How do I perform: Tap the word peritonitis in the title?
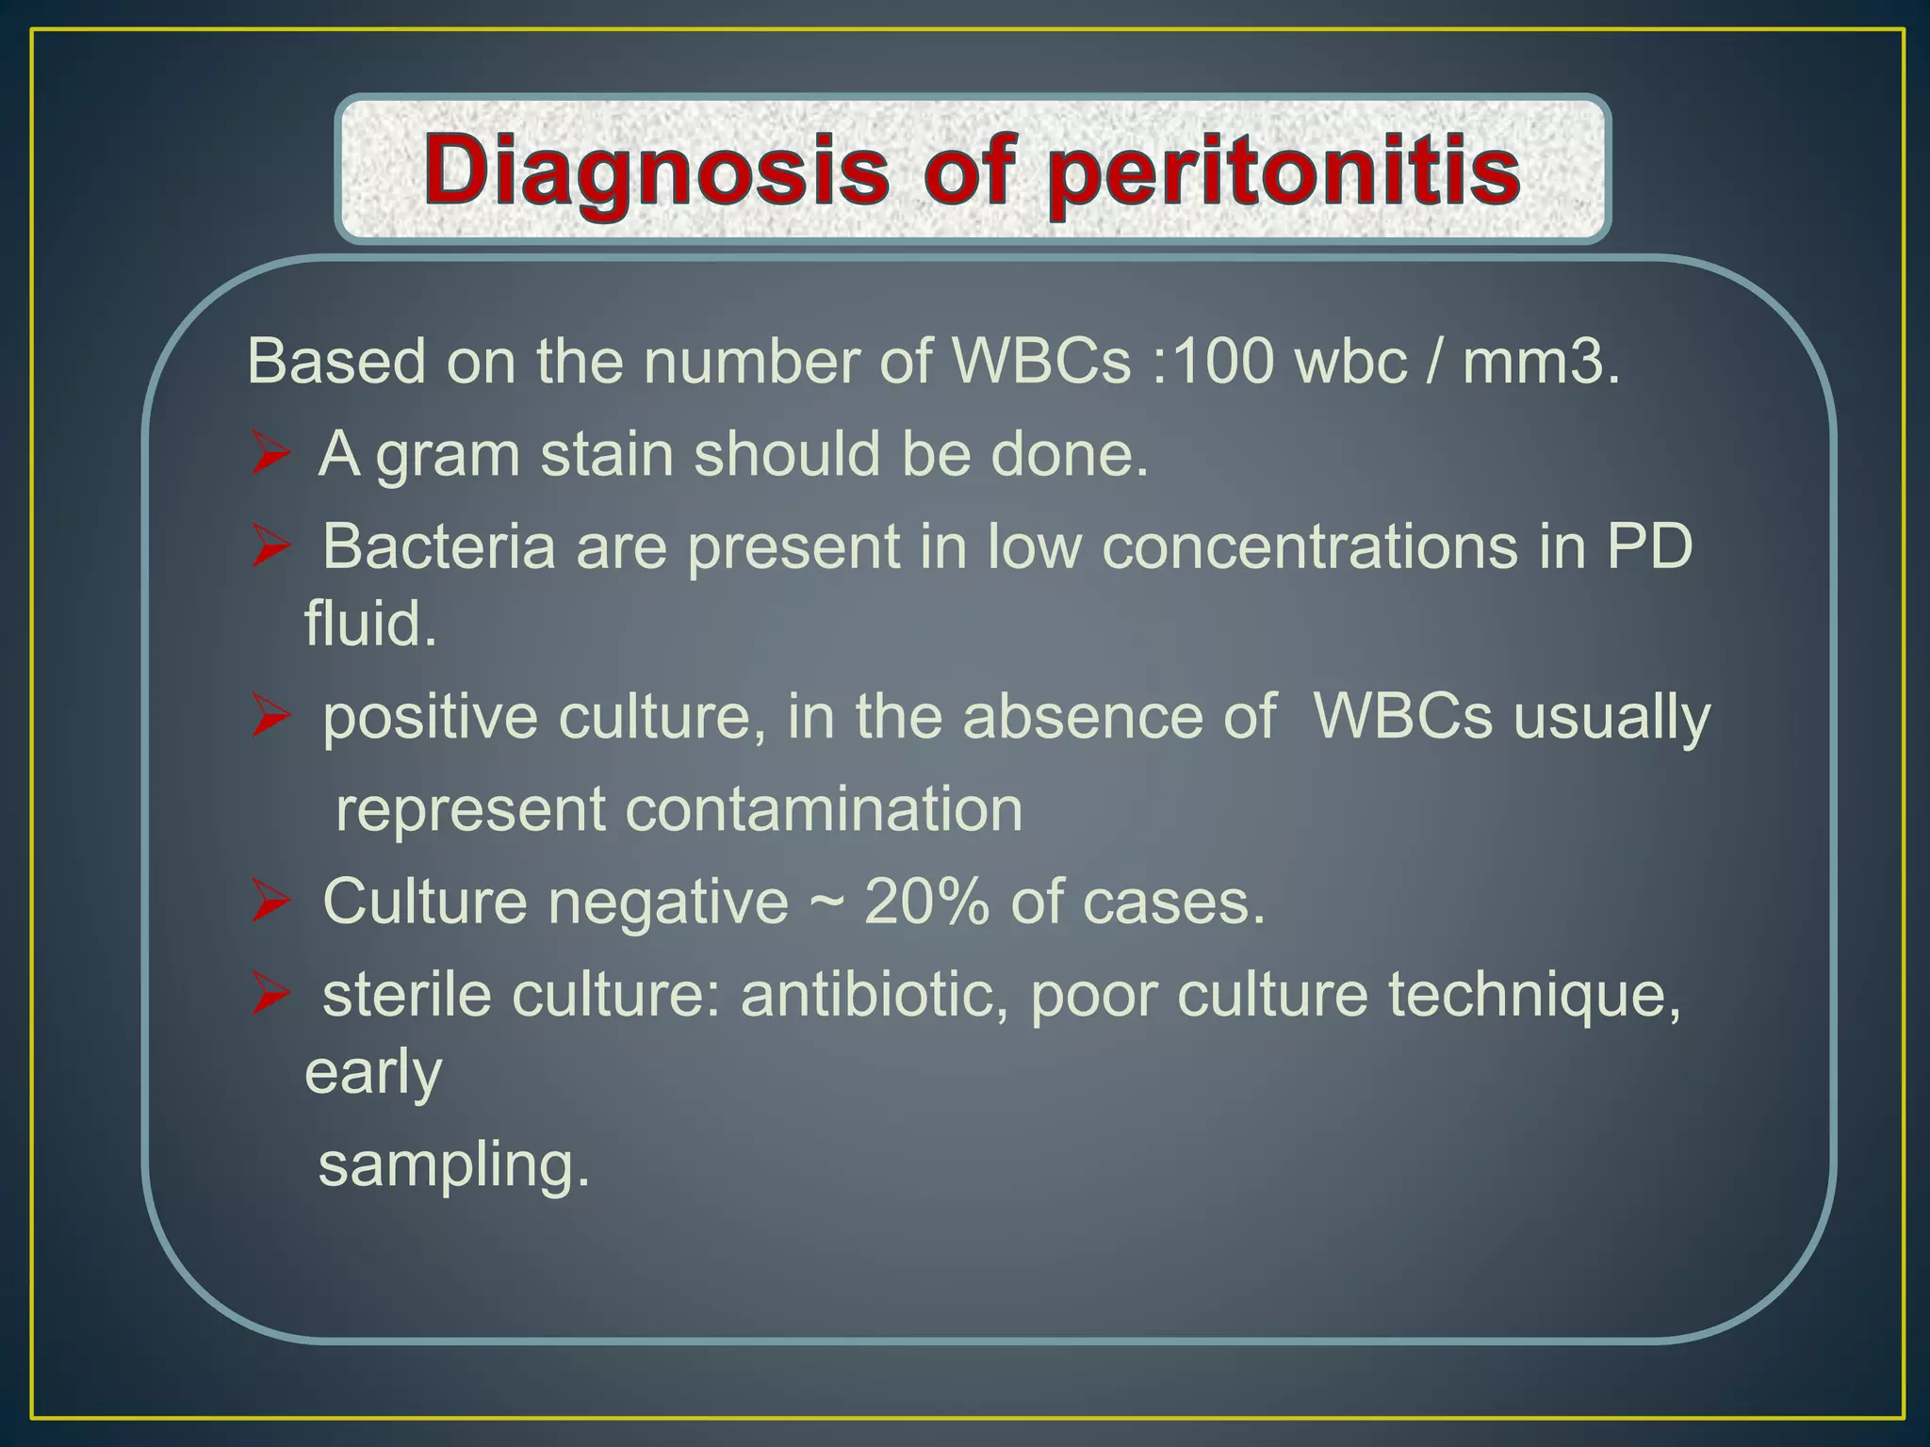pos(1284,171)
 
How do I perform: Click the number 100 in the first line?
pos(1222,361)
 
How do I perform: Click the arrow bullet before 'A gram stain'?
pos(270,455)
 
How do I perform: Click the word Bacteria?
pos(438,546)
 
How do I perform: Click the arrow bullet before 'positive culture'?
pos(270,719)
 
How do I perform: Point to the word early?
pos(373,1074)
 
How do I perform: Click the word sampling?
pos(453,1166)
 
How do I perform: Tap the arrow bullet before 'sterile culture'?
pos(270,996)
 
